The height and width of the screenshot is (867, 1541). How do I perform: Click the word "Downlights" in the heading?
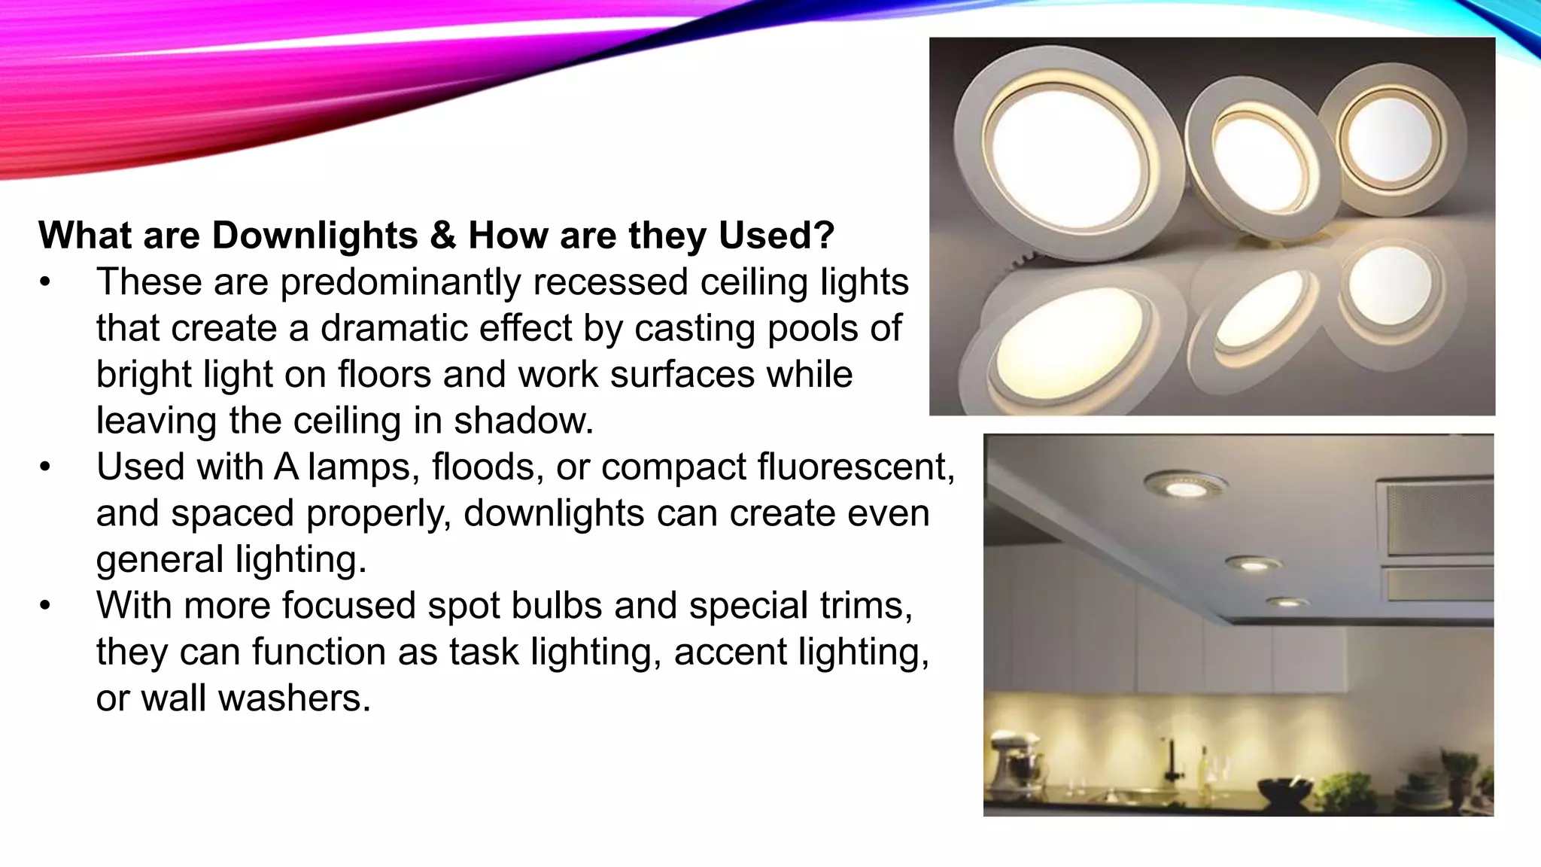click(x=315, y=236)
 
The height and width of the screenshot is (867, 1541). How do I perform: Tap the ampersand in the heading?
click(x=443, y=236)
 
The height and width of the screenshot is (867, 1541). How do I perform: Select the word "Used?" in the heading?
click(x=777, y=236)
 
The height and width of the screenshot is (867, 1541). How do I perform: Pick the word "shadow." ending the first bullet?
click(x=524, y=421)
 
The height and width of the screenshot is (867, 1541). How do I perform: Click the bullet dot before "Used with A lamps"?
click(x=46, y=467)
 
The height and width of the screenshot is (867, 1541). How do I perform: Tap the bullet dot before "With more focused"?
click(x=46, y=606)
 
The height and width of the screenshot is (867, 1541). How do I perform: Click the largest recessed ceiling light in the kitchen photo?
click(x=1183, y=486)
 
